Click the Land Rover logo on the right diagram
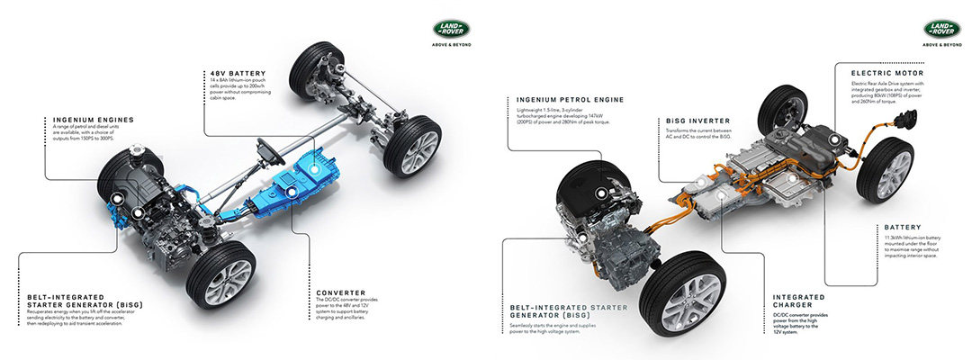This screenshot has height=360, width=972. point(940,31)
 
